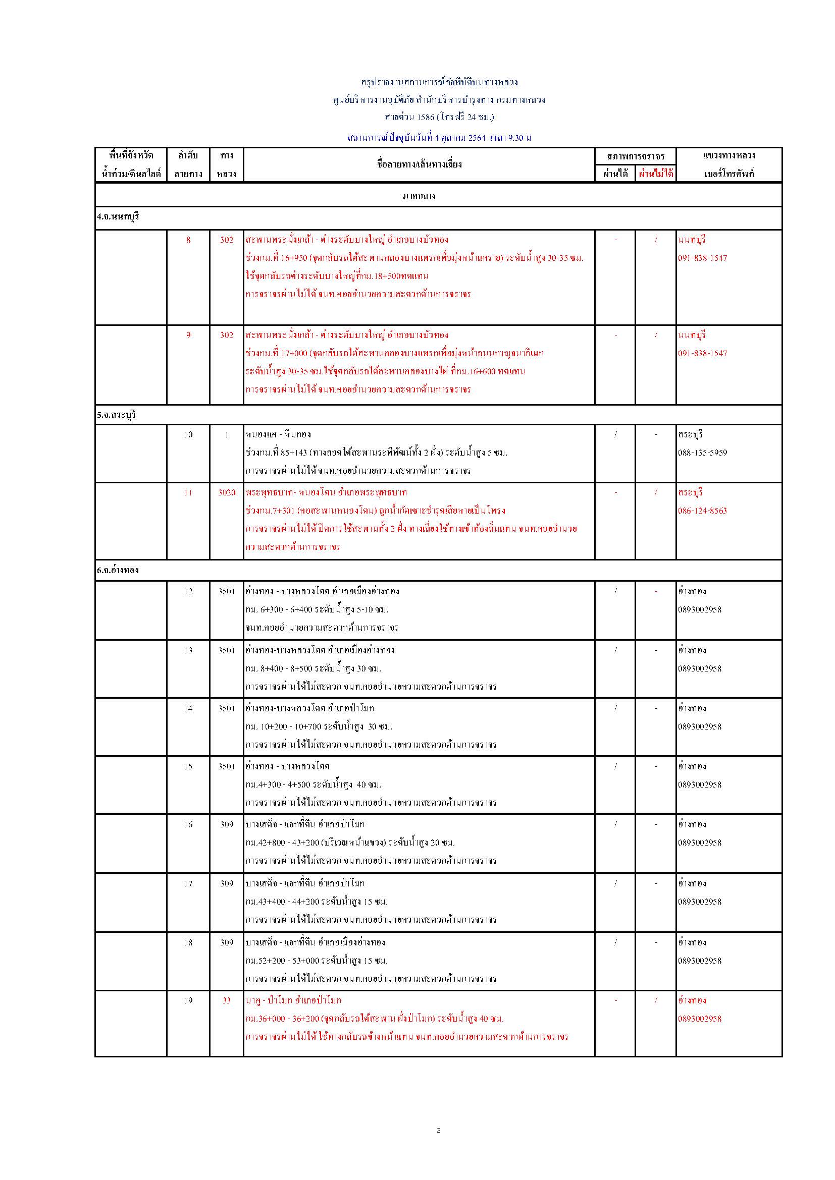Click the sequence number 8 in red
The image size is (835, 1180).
188,240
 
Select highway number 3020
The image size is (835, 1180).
226,492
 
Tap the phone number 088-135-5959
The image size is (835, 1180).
702,453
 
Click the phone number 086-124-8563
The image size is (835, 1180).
702,511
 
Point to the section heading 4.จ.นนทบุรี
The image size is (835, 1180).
118,217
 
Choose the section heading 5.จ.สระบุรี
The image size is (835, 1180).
116,415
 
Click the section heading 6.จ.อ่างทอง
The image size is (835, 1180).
118,570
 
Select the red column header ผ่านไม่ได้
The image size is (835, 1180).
656,174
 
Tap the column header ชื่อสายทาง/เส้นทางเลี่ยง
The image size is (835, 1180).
419,164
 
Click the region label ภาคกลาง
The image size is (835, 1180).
419,196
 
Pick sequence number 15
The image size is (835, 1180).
188,766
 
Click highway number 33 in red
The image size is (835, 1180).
226,1000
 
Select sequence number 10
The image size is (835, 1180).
188,435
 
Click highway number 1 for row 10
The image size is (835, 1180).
226,435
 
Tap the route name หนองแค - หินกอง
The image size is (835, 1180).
278,435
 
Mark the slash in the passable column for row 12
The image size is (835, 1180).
615,592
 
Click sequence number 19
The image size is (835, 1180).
188,1000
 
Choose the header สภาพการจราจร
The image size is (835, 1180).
636,156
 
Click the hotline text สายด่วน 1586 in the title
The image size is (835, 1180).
407,117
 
